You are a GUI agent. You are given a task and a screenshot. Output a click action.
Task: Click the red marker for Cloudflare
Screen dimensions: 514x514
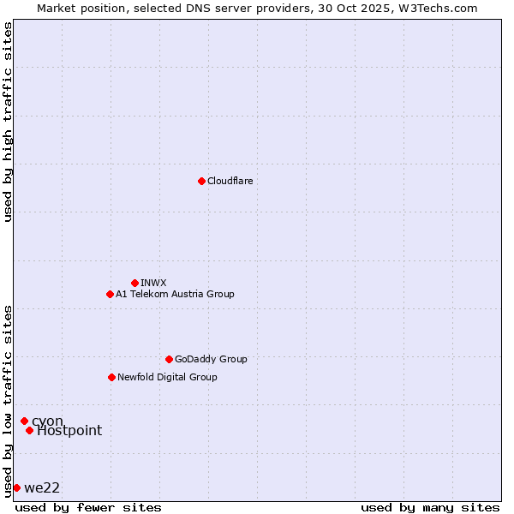[x=201, y=181]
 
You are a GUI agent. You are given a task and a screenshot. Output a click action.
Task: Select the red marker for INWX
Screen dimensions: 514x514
[x=134, y=283]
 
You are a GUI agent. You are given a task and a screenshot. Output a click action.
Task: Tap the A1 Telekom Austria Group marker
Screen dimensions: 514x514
[x=110, y=294]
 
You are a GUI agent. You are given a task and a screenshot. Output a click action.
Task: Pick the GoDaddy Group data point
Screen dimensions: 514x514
[x=169, y=359]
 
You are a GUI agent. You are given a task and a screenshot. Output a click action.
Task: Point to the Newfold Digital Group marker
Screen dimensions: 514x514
[x=111, y=377]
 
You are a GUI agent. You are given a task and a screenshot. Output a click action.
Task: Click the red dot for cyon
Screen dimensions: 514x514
[x=24, y=421]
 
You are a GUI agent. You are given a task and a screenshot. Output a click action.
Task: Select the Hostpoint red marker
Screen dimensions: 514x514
[x=29, y=430]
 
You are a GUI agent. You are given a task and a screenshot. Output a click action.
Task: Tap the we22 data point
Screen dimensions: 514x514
[x=16, y=487]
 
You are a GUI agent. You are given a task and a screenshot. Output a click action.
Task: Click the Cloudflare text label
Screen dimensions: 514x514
[x=230, y=181]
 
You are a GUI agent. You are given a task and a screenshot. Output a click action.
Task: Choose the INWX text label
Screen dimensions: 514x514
[x=153, y=283]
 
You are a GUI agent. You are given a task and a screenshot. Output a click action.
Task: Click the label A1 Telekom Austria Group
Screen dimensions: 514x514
[x=175, y=294]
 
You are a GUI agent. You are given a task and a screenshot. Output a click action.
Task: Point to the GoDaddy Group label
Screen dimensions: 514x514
[x=211, y=359]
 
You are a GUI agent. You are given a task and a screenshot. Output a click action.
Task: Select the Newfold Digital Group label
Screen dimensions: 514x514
[x=167, y=377]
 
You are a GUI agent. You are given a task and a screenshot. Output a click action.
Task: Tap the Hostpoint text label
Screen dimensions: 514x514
[x=69, y=431]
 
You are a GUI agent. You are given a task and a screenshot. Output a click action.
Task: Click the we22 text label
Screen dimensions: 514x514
[x=42, y=488]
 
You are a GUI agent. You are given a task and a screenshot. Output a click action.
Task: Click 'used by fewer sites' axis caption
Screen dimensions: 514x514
[x=88, y=507]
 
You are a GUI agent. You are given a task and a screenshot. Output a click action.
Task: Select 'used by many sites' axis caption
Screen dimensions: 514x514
[x=430, y=507]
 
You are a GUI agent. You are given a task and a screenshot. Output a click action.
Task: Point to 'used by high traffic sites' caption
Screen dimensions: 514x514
[x=9, y=122]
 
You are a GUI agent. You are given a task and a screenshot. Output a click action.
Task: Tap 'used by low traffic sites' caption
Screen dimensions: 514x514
[x=9, y=401]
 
